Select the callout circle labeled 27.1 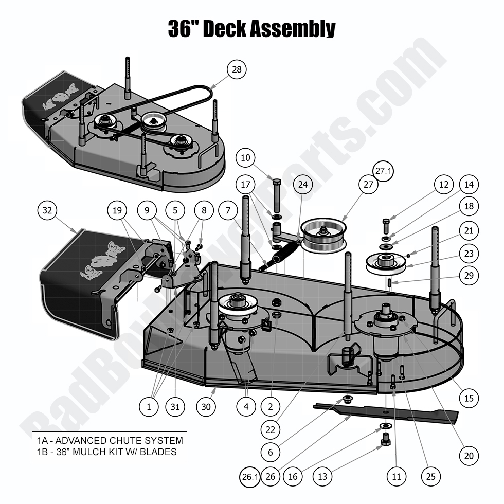pos(383,172)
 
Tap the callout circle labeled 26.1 pos(249,477)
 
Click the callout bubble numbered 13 pos(322,477)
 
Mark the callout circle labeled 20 pos(468,455)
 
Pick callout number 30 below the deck pos(206,406)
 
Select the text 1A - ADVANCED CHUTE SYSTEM pos(110,440)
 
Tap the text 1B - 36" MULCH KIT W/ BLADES pos(106,452)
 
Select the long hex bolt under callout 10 pos(276,198)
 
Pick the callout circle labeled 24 pos(303,184)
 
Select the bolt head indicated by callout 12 pos(386,224)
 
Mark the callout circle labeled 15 pos(468,398)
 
